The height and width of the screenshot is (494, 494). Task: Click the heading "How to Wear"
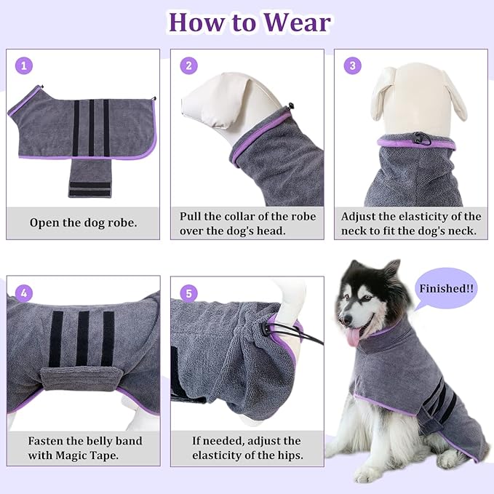coord(248,22)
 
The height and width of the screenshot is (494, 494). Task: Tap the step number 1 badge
coord(25,66)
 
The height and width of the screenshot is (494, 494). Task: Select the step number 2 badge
coord(189,66)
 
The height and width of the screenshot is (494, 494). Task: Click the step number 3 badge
coord(353,66)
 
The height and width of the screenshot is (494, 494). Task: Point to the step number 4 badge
coord(25,293)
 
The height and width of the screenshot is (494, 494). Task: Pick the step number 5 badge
coord(189,293)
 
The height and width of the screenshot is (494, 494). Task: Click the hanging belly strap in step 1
coord(89,178)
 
